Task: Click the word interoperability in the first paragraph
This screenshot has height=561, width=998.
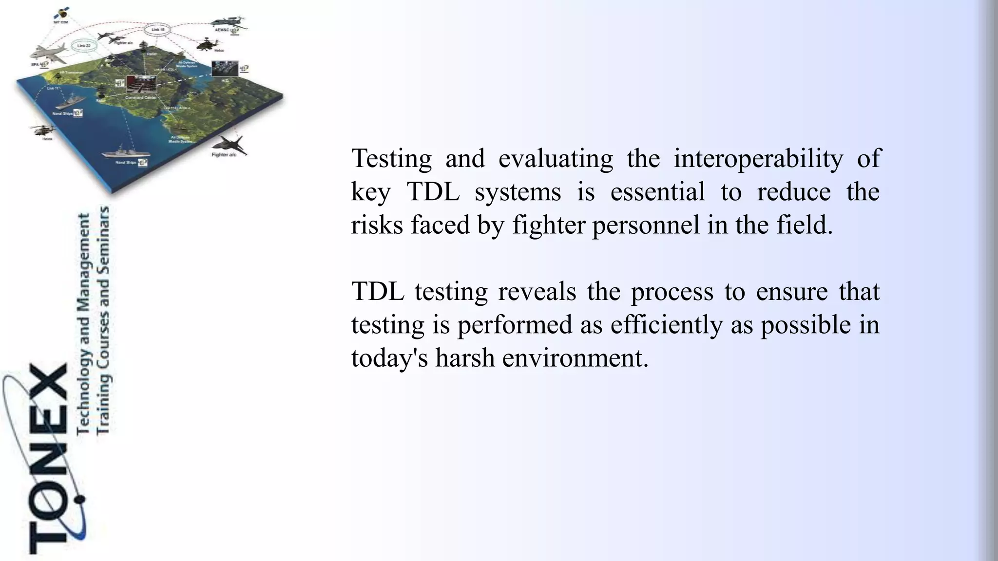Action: click(758, 159)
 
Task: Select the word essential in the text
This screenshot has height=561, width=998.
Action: click(657, 191)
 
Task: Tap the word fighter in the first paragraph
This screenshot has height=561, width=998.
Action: click(549, 225)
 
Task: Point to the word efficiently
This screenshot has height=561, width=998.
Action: click(667, 325)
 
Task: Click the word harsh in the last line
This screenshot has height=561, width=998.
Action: click(465, 358)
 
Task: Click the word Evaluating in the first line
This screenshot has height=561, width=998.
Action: click(556, 159)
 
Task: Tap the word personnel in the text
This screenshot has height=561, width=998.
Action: click(646, 225)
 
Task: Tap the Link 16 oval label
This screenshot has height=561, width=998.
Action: click(158, 30)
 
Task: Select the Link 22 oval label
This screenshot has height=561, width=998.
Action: click(84, 46)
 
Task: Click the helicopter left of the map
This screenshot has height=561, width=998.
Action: click(42, 130)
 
